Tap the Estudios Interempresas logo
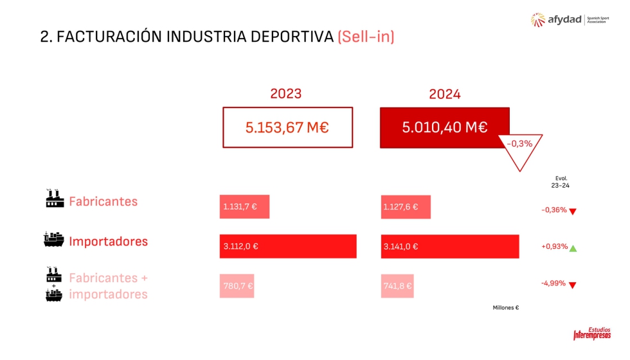591,333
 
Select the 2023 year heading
285,93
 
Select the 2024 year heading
445,94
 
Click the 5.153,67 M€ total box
288,127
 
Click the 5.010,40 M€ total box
445,127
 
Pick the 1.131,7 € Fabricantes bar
244,206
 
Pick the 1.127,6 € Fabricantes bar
406,206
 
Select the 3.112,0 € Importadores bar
288,246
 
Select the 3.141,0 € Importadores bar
450,246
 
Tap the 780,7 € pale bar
237,286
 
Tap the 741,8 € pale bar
397,286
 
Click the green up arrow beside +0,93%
573,248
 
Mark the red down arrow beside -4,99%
572,285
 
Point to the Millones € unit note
505,307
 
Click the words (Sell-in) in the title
365,37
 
